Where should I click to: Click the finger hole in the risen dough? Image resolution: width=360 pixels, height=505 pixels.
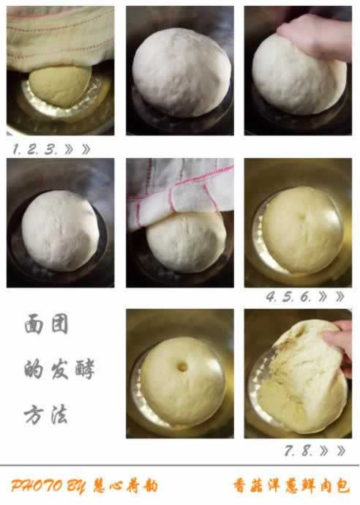[x=182, y=367]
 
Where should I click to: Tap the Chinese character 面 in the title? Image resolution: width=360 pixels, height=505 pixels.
[x=34, y=324]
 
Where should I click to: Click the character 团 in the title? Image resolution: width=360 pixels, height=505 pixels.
[x=59, y=324]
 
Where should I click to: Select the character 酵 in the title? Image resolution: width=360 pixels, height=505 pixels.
[x=85, y=370]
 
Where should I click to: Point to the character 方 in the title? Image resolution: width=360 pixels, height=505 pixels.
[x=34, y=414]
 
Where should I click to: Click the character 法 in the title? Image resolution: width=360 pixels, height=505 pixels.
[x=59, y=414]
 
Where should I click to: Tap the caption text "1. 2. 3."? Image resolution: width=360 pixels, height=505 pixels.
[x=35, y=149]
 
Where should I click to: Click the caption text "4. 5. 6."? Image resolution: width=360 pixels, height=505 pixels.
[x=288, y=296]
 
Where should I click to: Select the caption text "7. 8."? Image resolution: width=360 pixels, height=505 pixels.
[x=299, y=451]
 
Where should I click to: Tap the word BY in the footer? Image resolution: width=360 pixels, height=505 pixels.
[x=76, y=486]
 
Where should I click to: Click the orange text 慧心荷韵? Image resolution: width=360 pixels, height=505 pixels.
[x=126, y=486]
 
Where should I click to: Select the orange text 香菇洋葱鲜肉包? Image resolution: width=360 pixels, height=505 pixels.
[x=291, y=486]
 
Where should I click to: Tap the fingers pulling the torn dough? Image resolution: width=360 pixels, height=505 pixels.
[x=340, y=345]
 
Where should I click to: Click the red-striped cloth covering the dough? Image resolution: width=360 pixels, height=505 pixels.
[x=180, y=190]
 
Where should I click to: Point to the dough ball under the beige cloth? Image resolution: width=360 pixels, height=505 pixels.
[x=60, y=86]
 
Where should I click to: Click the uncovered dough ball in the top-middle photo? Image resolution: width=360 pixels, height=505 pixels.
[x=181, y=72]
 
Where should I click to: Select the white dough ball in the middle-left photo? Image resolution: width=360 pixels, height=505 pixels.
[x=61, y=231]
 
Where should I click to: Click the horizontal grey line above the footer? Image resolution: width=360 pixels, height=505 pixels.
[x=180, y=465]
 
